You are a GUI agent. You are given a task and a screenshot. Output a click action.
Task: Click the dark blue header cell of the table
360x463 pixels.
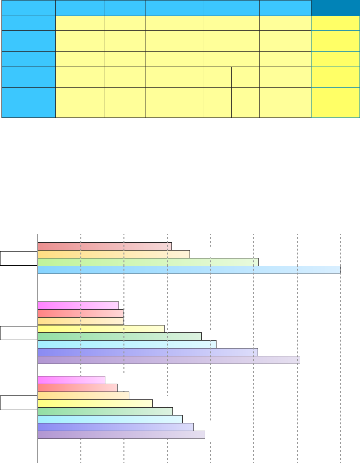(x=336, y=8)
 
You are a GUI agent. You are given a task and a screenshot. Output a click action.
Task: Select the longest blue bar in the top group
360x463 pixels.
(x=189, y=270)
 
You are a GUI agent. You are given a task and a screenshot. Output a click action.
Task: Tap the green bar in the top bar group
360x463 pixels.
(x=147, y=262)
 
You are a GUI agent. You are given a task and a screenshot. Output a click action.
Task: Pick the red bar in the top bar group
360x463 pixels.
(x=104, y=246)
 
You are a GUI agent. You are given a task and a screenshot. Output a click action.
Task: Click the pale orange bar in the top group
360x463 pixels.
(x=113, y=254)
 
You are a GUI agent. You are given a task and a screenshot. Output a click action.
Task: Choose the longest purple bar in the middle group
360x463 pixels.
(x=168, y=360)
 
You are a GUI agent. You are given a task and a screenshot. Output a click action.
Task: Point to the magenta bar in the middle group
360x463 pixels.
(x=78, y=305)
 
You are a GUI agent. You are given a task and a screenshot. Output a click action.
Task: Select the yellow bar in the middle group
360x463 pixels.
(x=100, y=328)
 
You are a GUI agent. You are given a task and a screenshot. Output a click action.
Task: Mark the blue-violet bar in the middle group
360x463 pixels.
(x=147, y=352)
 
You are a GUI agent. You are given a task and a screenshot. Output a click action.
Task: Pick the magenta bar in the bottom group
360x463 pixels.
(x=71, y=380)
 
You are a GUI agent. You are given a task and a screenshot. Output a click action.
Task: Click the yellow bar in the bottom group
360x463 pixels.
(x=95, y=403)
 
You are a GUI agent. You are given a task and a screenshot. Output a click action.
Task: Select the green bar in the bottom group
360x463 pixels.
(x=105, y=411)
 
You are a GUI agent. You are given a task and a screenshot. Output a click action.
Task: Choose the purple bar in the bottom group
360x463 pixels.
(x=121, y=435)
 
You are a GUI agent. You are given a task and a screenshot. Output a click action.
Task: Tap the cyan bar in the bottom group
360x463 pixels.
(x=110, y=419)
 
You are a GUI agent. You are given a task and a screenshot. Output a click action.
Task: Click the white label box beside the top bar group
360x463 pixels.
(x=19, y=258)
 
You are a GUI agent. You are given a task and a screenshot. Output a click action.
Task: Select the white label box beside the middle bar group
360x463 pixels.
(x=19, y=333)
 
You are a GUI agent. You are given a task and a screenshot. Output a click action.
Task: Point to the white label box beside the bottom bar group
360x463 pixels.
(x=19, y=403)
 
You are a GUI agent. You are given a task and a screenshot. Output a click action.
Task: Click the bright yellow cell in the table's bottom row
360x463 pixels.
(x=336, y=102)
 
